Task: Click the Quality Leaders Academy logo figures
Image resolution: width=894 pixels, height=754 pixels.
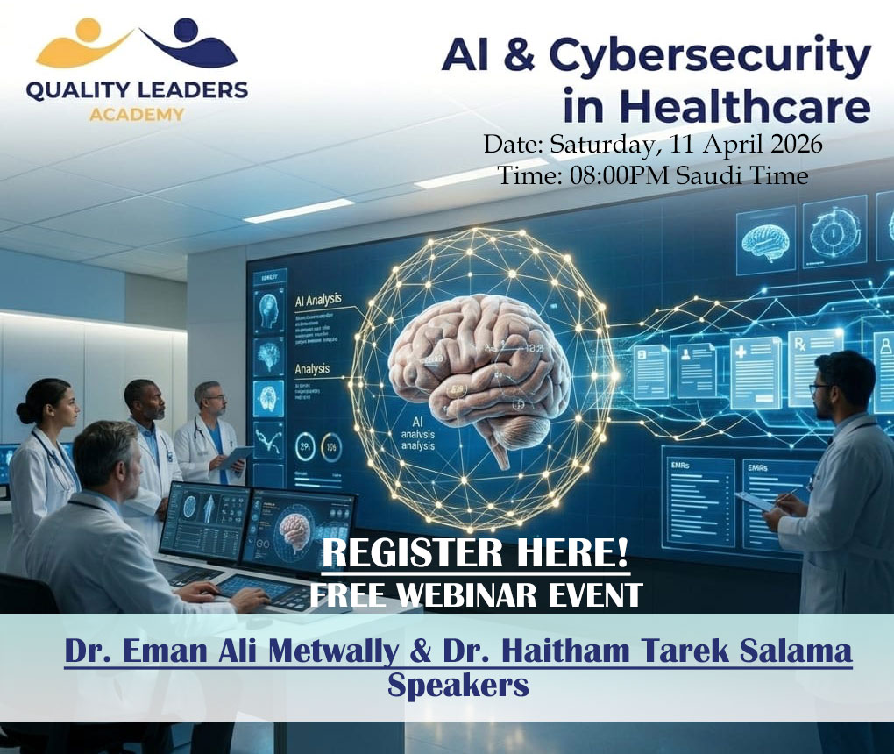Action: click(136, 44)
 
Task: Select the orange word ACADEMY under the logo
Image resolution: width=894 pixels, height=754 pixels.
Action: click(136, 114)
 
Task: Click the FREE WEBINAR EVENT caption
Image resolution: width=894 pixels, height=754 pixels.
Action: click(475, 595)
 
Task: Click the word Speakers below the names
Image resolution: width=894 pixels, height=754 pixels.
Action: click(458, 686)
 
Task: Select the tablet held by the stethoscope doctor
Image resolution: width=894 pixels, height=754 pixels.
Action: click(235, 457)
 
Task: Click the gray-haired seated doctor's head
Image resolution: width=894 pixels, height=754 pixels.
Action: click(104, 457)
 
